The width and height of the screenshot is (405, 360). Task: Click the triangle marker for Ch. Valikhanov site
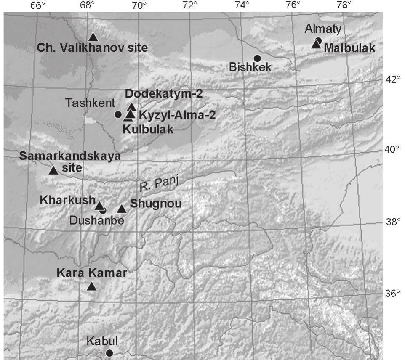tap(93, 37)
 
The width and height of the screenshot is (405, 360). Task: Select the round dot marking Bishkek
tap(257, 58)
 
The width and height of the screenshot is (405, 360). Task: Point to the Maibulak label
tap(349, 48)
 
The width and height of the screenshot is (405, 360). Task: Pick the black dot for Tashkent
tap(118, 114)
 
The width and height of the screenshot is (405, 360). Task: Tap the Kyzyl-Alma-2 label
tap(177, 115)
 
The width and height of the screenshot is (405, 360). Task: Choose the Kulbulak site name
tap(148, 130)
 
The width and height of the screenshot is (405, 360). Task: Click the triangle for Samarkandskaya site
tap(53, 170)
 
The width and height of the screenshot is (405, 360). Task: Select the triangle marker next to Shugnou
tap(122, 209)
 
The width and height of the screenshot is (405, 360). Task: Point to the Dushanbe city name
tap(101, 220)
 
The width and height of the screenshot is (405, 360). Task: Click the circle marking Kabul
tap(109, 353)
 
